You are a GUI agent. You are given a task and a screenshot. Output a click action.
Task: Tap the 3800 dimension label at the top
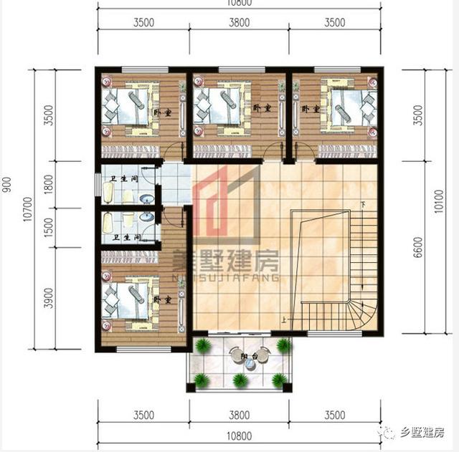tap(239, 22)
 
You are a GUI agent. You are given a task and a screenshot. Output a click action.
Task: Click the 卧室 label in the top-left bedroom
tap(163, 112)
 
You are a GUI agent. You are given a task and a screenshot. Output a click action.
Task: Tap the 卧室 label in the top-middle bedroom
tap(261, 108)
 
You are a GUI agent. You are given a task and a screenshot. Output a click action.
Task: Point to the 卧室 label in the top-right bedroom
tap(310, 110)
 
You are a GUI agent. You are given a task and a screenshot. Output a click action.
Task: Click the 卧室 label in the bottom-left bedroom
tap(163, 300)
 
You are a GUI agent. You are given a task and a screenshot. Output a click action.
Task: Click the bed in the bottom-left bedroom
tap(129, 300)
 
